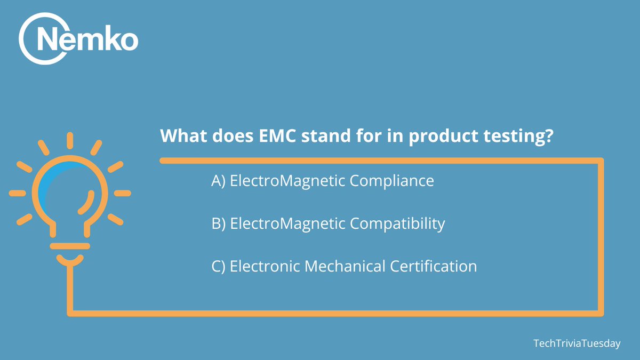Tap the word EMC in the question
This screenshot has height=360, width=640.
coord(278,136)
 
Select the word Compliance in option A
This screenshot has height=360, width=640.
coord(392,181)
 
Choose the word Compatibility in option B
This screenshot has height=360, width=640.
coord(397,224)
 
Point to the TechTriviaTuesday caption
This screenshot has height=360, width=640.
coord(577,343)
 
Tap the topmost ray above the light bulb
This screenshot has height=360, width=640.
coord(69,141)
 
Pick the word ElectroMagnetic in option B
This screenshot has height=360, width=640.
coord(287,225)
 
